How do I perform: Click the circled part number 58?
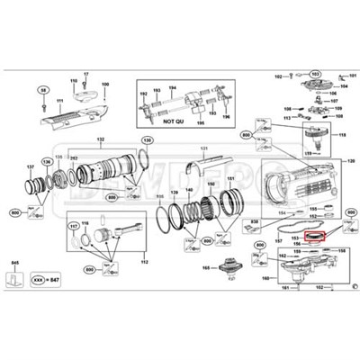pos(42,90)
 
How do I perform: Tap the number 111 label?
pos(60,102)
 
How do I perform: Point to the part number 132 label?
pos(102,139)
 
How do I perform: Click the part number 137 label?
pos(31,166)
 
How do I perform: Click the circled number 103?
pos(317,74)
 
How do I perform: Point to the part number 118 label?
pos(343,134)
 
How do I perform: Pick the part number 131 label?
pos(203,148)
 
